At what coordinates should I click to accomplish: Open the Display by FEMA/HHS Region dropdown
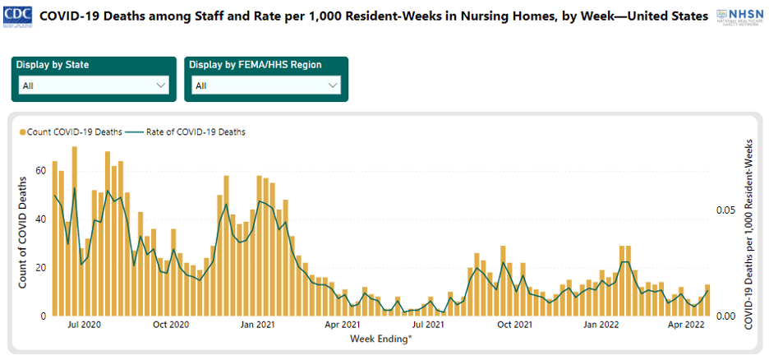coord(265,85)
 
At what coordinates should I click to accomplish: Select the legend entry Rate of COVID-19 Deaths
coord(188,132)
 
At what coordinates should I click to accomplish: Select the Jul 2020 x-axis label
coord(84,325)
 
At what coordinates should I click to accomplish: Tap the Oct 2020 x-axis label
coord(171,325)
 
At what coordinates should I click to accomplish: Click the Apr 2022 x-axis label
coord(687,325)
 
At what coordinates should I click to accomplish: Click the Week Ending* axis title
coord(381,339)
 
